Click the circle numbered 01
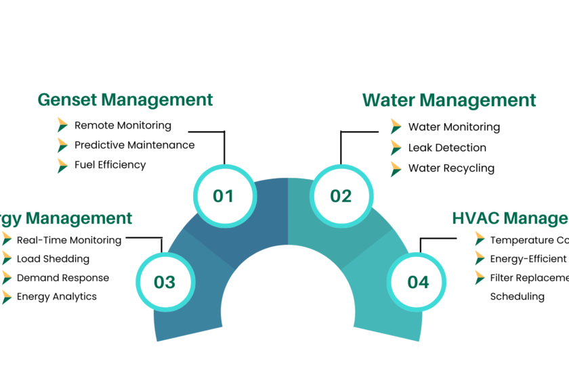point(223,196)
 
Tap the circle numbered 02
point(341,196)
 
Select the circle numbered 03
point(165,282)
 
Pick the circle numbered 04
point(418,282)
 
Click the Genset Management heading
point(125,100)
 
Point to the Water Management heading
point(449,100)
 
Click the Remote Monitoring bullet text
point(123,125)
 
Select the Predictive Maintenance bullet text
point(134,145)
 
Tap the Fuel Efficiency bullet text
point(110,164)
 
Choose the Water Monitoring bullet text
point(454,127)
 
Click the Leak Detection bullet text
point(447,147)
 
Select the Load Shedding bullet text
point(53,258)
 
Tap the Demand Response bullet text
point(62,277)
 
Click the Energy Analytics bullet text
point(56,296)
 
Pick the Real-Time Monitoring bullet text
point(68,239)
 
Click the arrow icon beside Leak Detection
point(396,147)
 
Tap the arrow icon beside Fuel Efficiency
point(62,164)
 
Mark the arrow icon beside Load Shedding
point(6,258)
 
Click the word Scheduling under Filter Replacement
point(517,296)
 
